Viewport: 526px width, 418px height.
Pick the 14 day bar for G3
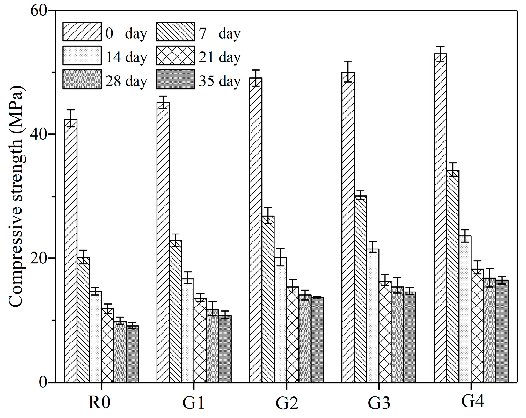click(373, 315)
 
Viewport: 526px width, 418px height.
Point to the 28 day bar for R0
click(120, 352)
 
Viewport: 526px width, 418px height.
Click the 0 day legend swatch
click(82, 32)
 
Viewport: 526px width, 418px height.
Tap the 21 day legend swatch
click(175, 56)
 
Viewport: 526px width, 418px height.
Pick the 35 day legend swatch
click(175, 80)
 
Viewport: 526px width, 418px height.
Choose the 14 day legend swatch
click(82, 56)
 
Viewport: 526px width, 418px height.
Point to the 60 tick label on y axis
click(39, 11)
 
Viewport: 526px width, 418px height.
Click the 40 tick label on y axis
click(39, 134)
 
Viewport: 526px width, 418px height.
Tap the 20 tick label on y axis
click(39, 258)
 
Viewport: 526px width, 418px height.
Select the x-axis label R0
click(99, 402)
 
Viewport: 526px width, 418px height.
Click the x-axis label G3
click(379, 403)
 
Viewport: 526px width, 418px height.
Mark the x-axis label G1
click(193, 403)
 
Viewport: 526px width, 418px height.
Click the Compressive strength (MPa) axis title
click(16, 196)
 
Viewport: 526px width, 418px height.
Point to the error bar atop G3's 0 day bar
click(348, 72)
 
